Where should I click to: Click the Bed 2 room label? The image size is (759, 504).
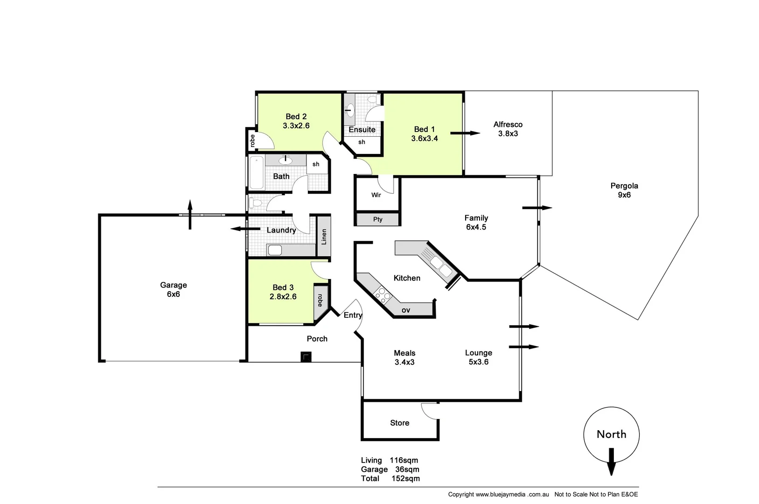pos(296,117)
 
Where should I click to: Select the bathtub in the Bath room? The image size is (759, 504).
pos(256,173)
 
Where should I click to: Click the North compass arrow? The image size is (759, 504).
pos(611,461)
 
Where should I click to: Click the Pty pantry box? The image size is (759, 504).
pos(377,219)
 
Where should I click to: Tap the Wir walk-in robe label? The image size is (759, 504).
pos(376,195)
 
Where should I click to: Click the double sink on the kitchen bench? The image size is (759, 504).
pos(441,266)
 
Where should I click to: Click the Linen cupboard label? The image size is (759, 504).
pos(324,237)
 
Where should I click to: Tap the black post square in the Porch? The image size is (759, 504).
pos(306,357)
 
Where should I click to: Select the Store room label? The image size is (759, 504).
pos(400,423)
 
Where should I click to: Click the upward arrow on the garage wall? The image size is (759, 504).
pos(190,215)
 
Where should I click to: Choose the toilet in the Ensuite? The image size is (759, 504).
pos(373,100)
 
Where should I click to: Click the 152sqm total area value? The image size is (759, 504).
pos(405,478)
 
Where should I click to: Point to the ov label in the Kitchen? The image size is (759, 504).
pos(406,310)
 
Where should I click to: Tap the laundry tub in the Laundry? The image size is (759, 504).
pos(275,250)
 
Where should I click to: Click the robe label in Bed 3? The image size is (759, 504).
pos(320,300)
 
